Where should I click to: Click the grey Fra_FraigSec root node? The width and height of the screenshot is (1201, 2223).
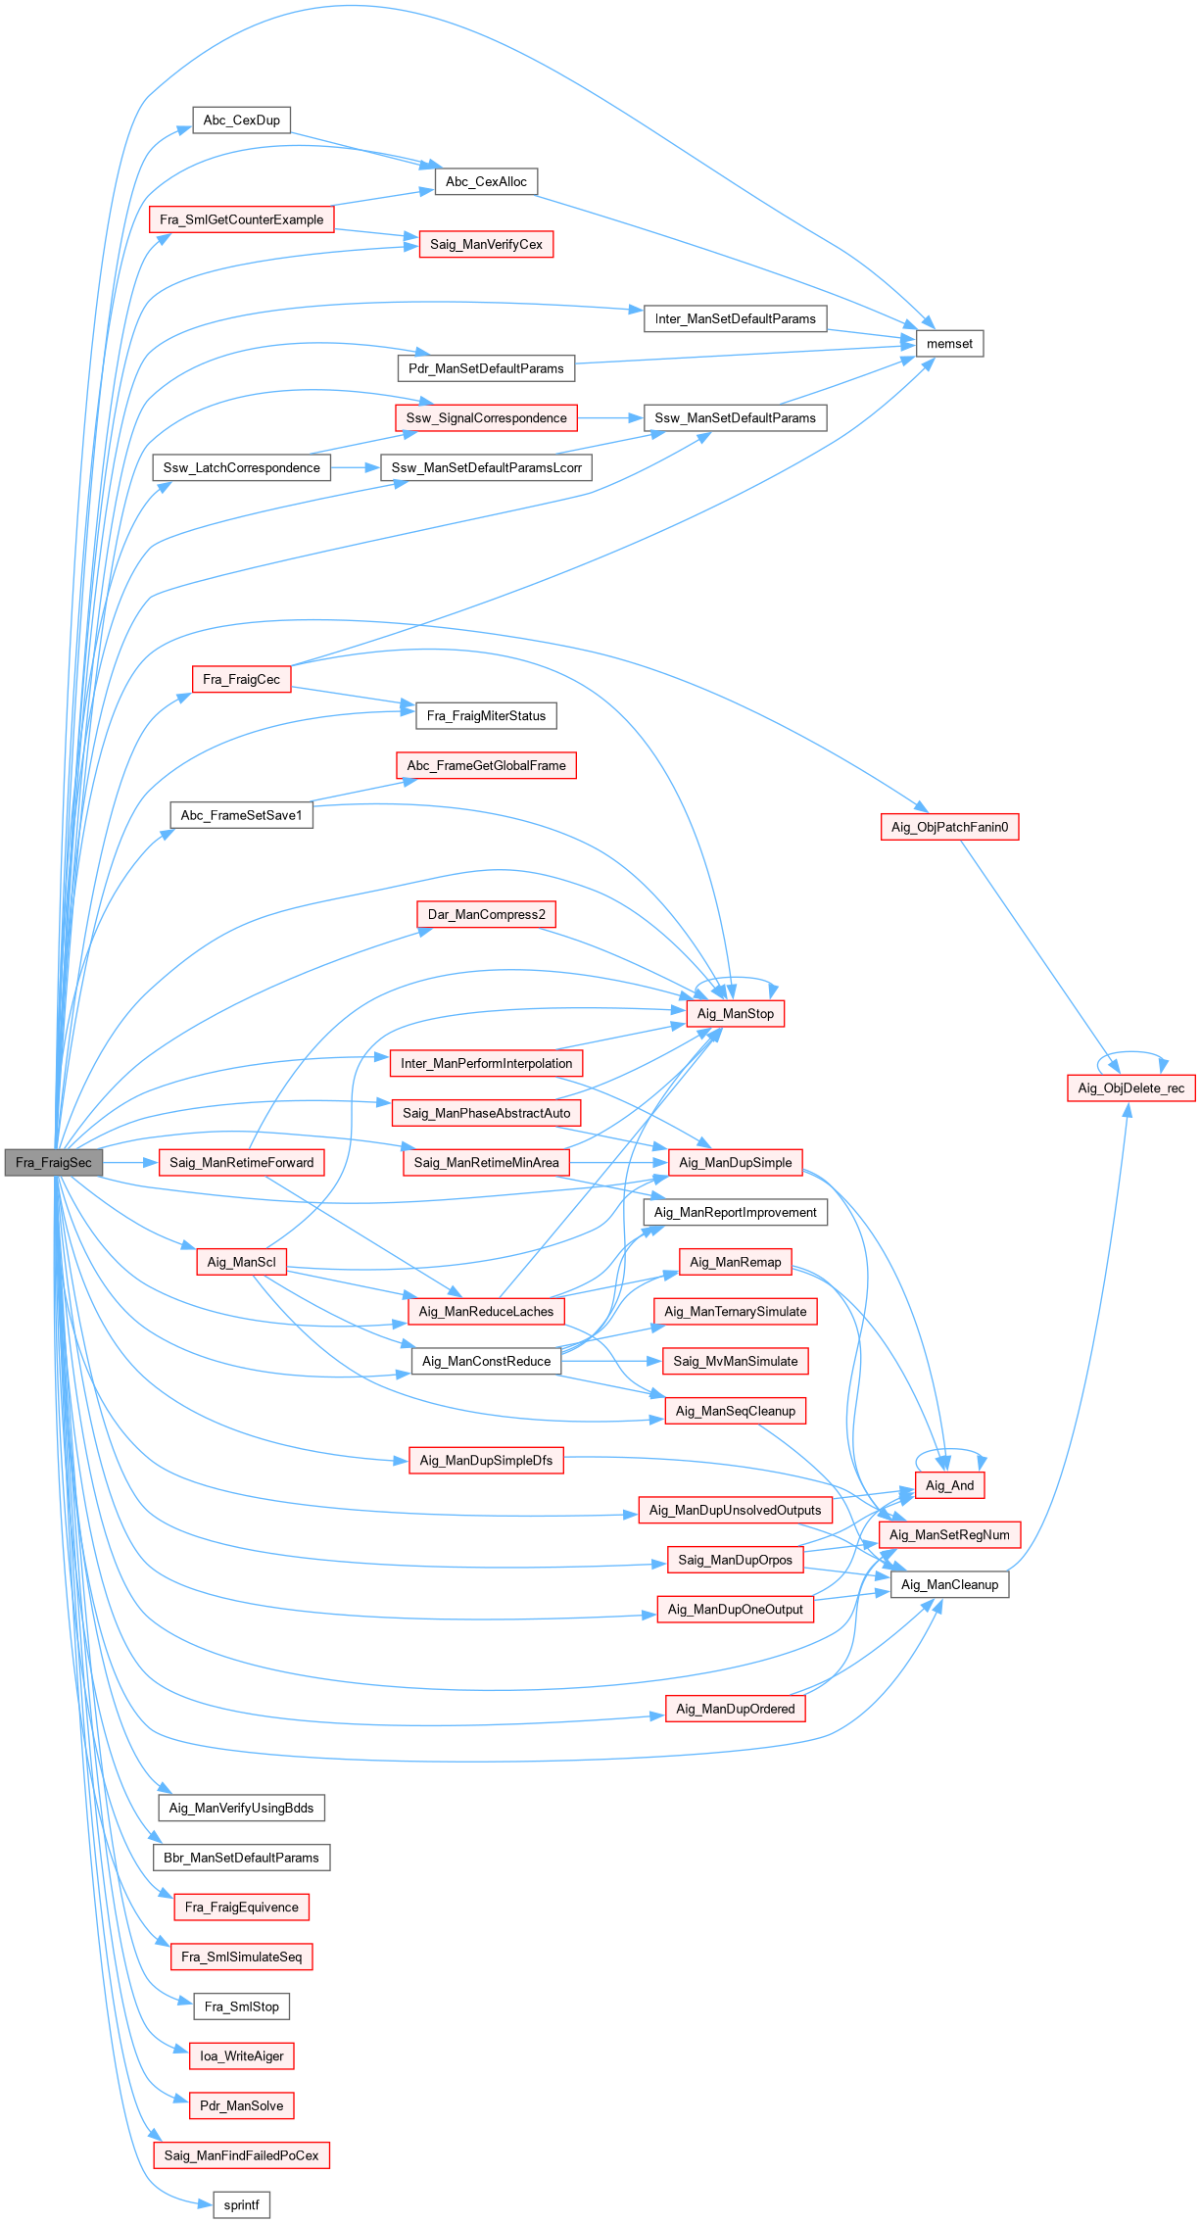click(54, 1163)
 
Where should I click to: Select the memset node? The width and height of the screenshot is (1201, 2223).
click(949, 344)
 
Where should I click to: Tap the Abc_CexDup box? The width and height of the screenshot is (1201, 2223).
click(241, 121)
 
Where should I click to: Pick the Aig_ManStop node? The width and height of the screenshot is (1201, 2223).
click(735, 1014)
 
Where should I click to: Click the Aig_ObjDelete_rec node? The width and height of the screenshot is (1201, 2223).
click(1130, 1088)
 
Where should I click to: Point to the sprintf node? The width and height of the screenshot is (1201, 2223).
click(241, 2205)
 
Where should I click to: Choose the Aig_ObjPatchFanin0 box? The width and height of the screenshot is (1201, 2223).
click(949, 827)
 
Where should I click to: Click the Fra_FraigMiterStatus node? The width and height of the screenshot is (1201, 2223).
click(486, 716)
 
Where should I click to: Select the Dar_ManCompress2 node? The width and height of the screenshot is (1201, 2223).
click(486, 915)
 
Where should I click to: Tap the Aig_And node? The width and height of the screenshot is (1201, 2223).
click(949, 1485)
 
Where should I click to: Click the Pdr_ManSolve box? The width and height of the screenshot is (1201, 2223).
click(241, 2105)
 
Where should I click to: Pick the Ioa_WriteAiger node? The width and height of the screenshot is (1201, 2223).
click(241, 2056)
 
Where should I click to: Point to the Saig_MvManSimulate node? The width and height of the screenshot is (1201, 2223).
click(735, 1362)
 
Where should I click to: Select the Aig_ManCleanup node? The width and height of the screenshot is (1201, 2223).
click(949, 1585)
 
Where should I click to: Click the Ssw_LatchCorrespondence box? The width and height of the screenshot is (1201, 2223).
click(241, 468)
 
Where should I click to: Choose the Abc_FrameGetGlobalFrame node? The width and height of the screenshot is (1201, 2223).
click(486, 766)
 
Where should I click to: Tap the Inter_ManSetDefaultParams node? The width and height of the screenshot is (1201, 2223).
click(735, 319)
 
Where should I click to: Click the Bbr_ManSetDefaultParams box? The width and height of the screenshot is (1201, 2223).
click(241, 1858)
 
